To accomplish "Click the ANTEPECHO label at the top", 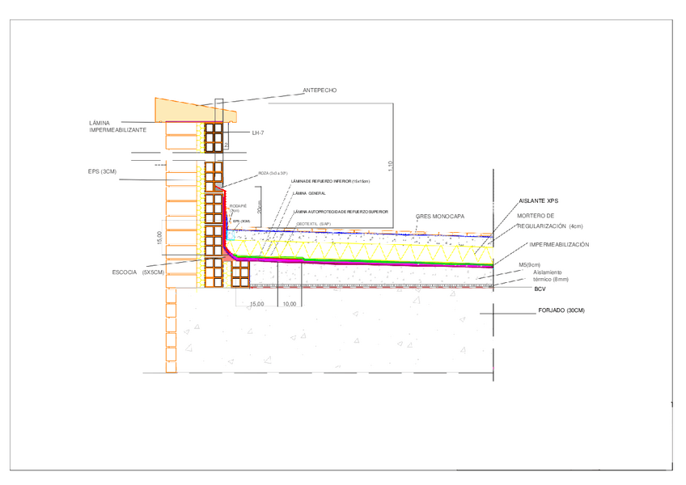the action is click(x=319, y=91).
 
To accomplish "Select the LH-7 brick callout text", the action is click(x=258, y=133).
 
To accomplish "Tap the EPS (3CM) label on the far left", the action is click(x=103, y=171).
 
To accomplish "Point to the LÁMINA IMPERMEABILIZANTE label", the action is click(x=117, y=126).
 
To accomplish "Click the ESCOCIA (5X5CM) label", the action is click(x=138, y=272).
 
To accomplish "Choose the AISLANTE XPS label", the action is click(x=538, y=200).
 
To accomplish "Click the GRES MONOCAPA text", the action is click(x=440, y=217).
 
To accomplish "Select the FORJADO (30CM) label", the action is click(x=561, y=311).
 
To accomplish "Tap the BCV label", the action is click(x=540, y=289).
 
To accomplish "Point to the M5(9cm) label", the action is click(x=529, y=264).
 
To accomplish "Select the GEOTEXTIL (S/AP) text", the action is click(x=314, y=223).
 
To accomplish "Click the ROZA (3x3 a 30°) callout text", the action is click(x=273, y=173).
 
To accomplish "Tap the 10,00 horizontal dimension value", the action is click(x=289, y=305).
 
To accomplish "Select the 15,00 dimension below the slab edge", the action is click(x=256, y=305).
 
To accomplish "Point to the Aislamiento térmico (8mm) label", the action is click(x=551, y=276).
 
